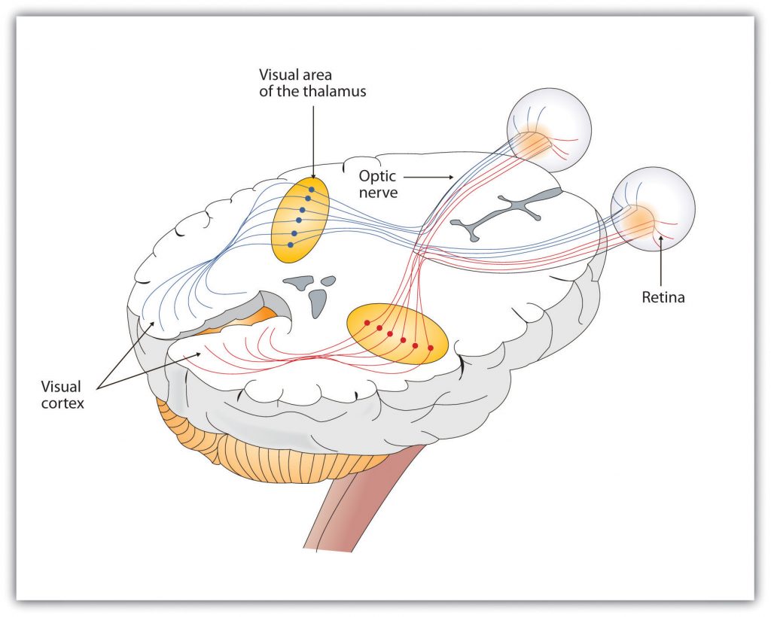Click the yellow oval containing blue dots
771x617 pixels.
point(300,220)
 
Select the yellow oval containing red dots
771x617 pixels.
point(397,334)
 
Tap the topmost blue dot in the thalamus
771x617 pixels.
point(309,190)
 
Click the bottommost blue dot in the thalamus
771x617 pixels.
point(291,245)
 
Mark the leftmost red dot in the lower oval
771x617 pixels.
point(367,323)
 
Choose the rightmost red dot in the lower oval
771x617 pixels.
point(431,348)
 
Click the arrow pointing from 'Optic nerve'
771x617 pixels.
point(430,177)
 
